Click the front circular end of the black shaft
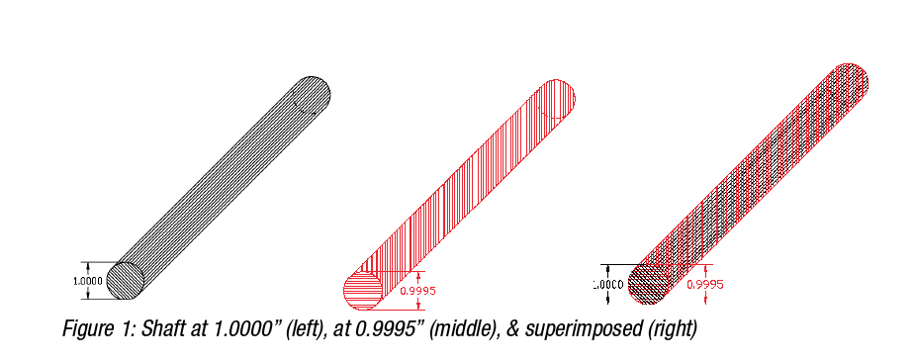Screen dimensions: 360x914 point(126,281)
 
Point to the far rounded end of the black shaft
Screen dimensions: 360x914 point(310,96)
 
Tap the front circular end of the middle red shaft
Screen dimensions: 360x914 point(362,291)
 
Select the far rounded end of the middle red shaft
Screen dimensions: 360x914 point(556,99)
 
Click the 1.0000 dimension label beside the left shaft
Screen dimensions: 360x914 point(88,281)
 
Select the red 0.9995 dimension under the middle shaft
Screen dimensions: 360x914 point(417,291)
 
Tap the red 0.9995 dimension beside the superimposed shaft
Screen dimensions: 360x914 point(705,284)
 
